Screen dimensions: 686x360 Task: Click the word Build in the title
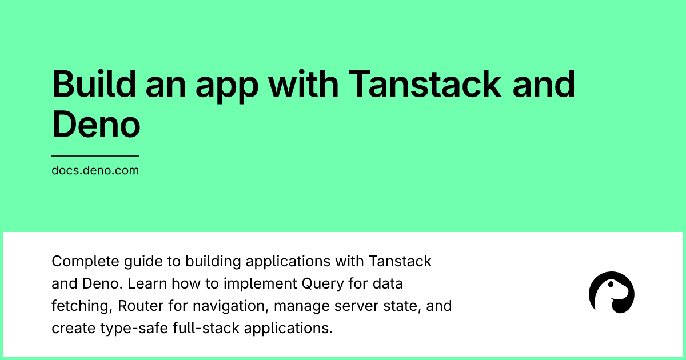pos(94,84)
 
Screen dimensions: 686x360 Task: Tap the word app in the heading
pos(227,87)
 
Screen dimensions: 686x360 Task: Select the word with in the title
pos(304,84)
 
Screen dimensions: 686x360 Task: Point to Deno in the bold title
pos(96,125)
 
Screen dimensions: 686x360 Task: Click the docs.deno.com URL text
pos(95,170)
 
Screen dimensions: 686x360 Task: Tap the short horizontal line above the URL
pos(95,156)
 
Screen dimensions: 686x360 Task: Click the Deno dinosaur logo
pos(612,293)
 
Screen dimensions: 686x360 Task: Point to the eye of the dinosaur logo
pos(611,285)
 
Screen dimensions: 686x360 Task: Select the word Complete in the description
pos(85,262)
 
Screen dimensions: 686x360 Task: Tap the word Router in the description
pos(141,306)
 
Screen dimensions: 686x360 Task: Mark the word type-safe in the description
pos(134,329)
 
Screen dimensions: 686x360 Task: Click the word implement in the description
pos(260,284)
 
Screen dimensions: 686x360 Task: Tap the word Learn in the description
pos(147,283)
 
